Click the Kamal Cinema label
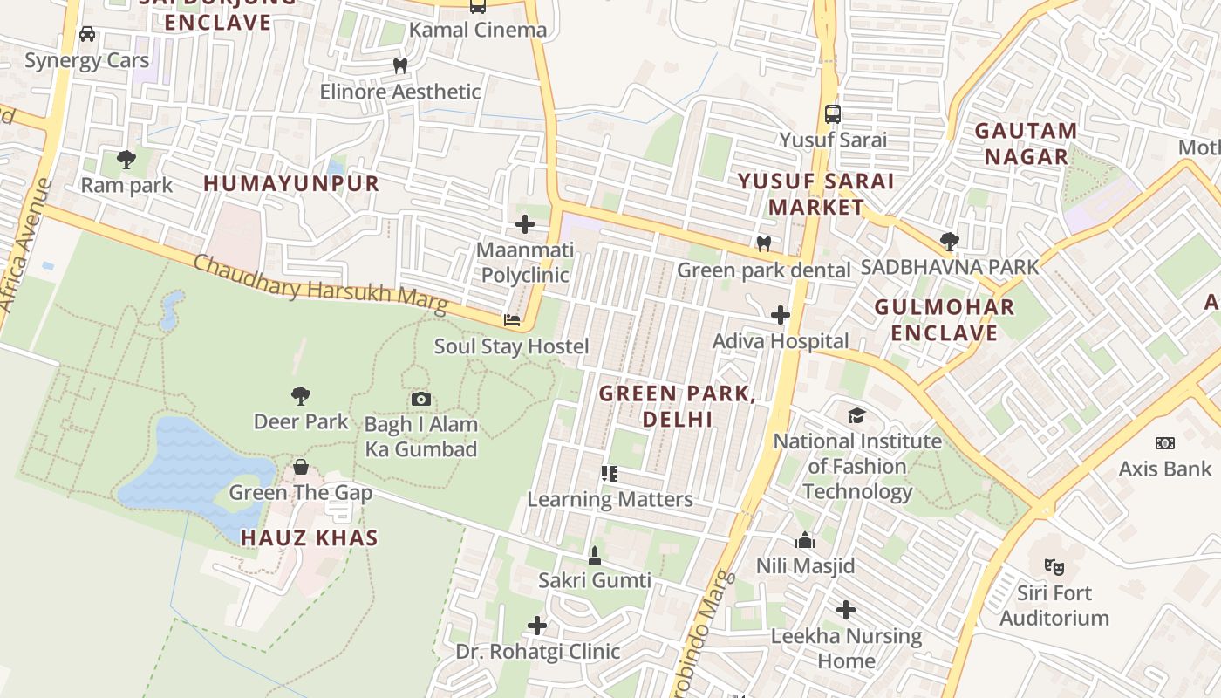coord(478,30)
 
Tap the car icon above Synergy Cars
coord(87,34)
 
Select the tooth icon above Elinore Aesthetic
coord(400,65)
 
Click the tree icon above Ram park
coord(126,159)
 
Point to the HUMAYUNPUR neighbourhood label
coord(291,183)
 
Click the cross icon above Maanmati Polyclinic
coord(524,224)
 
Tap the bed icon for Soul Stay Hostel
coord(512,320)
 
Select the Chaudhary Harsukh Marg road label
coord(320,284)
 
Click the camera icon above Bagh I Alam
coord(421,399)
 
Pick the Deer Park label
coord(301,421)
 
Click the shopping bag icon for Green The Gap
coord(301,467)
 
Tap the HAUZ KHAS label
coord(310,537)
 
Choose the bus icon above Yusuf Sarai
coord(833,113)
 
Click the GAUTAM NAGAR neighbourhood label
coord(1026,144)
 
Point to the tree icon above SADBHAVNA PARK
coord(950,241)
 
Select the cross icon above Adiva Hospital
coord(781,315)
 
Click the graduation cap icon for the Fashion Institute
coord(857,415)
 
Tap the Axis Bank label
coord(1165,469)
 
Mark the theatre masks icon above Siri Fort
coord(1054,567)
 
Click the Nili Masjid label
coord(805,565)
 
